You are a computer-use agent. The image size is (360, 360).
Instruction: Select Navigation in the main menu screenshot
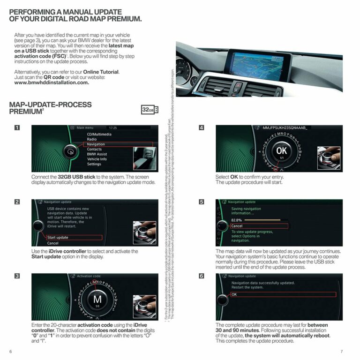pyautogui.click(x=96, y=144)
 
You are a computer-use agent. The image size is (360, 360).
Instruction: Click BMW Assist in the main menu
pyautogui.click(x=97, y=154)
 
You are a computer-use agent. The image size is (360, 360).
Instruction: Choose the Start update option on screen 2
pyautogui.click(x=58, y=238)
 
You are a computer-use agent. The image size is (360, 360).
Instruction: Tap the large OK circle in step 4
pyautogui.click(x=281, y=151)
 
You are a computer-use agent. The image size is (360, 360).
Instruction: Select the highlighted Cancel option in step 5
pyautogui.click(x=237, y=226)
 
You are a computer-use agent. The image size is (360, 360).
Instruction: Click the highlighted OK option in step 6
pyautogui.click(x=234, y=294)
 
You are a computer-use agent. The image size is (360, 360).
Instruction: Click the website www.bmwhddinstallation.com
pyautogui.click(x=52, y=82)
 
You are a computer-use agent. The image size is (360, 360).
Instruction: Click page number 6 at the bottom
pyautogui.click(x=10, y=352)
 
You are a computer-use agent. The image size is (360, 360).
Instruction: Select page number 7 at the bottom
pyautogui.click(x=342, y=352)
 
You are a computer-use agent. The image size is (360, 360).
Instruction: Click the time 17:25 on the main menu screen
pyautogui.click(x=112, y=127)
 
